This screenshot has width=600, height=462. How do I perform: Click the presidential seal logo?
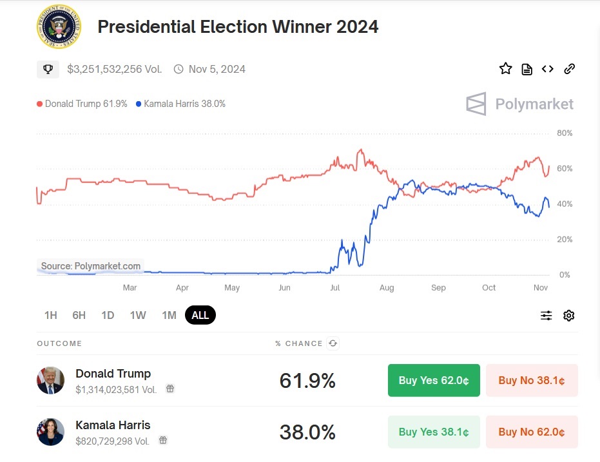tap(59, 26)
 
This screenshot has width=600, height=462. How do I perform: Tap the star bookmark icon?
tap(505, 69)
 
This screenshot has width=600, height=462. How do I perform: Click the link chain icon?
tap(569, 69)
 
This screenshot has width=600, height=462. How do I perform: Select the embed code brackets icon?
tap(547, 69)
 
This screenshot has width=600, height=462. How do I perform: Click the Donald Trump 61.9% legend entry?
tap(82, 104)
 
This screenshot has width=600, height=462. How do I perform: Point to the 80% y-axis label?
tap(565, 133)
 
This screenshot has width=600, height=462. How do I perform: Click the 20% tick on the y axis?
tap(565, 240)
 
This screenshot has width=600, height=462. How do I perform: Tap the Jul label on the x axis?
tap(335, 287)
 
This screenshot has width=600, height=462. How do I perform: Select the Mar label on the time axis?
tap(130, 287)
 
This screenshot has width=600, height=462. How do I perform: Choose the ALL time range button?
tap(200, 315)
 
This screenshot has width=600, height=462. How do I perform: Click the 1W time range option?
tap(138, 315)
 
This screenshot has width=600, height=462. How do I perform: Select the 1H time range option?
tap(50, 315)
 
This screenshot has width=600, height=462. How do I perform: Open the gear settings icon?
tap(568, 315)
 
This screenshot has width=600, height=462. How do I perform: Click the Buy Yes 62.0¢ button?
tap(434, 380)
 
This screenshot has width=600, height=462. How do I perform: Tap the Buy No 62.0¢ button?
tap(532, 432)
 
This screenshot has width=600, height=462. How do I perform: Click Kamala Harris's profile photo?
tap(50, 432)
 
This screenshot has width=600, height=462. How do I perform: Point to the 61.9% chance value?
tap(307, 381)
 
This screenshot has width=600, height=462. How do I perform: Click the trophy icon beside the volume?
tap(48, 69)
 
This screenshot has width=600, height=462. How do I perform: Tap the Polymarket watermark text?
tap(534, 104)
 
